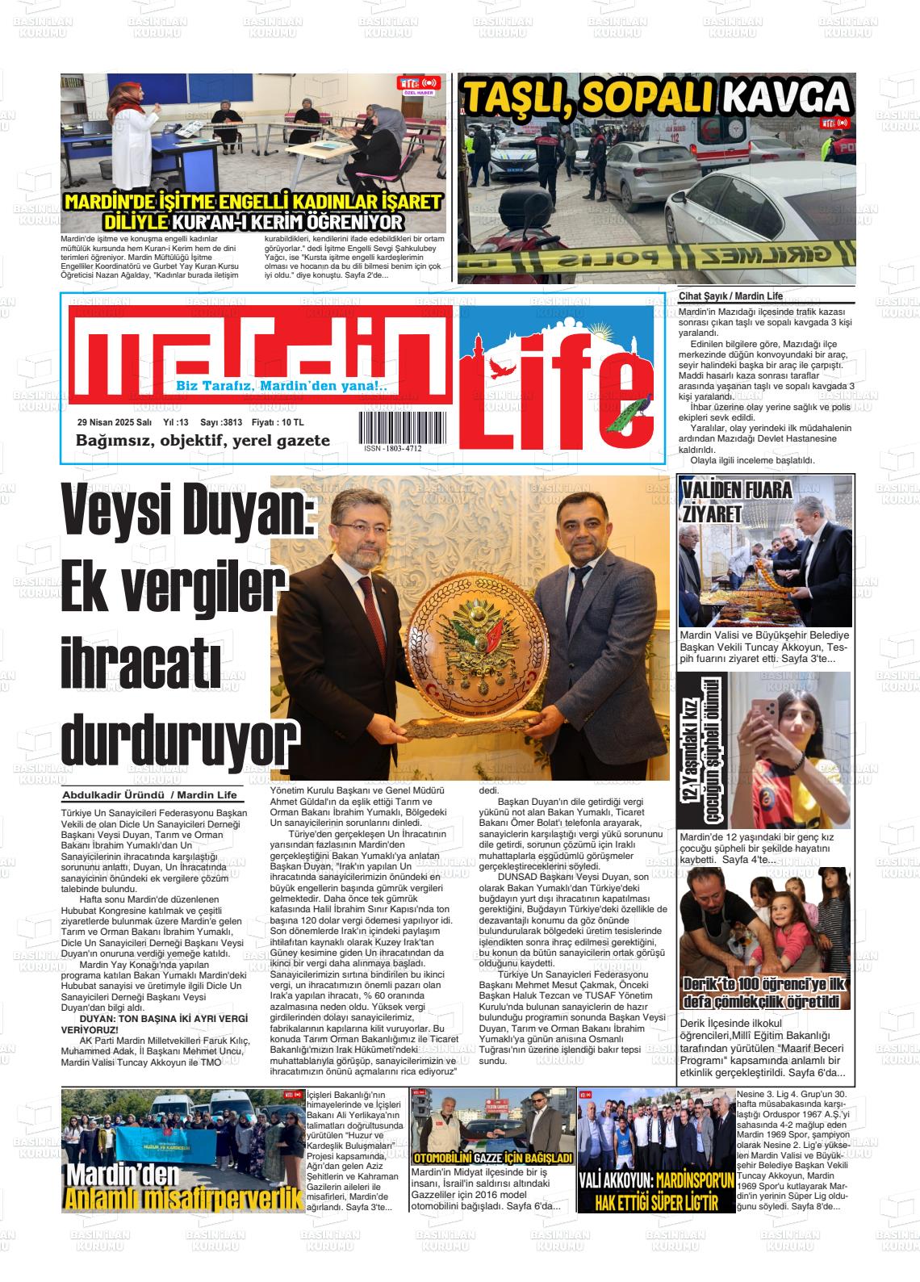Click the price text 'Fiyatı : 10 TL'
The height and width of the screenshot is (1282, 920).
tap(278, 421)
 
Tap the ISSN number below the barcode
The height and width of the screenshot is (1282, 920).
tap(392, 448)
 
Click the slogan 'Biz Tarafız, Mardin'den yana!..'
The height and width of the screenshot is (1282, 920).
tap(282, 387)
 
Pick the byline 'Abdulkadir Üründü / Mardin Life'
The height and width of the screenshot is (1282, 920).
tap(150, 795)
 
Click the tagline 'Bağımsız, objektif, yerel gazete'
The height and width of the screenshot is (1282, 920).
tap(203, 441)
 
